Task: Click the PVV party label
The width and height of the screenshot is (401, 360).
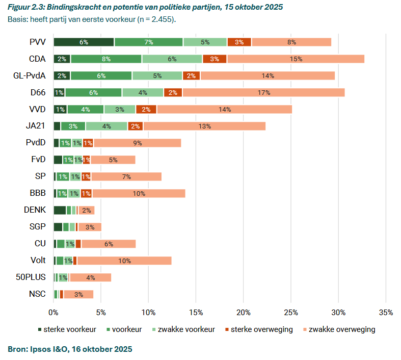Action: click(x=37, y=42)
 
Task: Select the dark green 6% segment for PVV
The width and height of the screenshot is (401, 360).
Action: click(x=84, y=42)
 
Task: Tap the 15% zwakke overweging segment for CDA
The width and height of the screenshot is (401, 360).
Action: click(x=296, y=59)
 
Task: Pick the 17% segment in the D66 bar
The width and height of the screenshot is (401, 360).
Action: click(x=264, y=92)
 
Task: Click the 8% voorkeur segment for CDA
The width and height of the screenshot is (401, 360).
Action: click(x=106, y=59)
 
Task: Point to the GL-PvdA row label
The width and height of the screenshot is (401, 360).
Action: click(x=29, y=75)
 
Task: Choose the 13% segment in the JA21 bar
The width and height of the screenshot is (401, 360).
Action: click(x=204, y=126)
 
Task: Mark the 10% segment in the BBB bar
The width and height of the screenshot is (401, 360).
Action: click(x=139, y=193)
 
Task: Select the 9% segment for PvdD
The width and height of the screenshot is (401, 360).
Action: click(x=137, y=143)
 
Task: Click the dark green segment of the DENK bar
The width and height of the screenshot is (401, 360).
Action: click(x=60, y=210)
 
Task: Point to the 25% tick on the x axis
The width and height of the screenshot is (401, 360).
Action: click(x=291, y=312)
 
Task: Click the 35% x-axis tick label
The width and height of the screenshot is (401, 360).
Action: click(x=386, y=312)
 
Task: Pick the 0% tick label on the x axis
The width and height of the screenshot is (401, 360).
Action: click(x=54, y=312)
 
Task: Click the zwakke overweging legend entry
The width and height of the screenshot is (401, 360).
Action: click(x=337, y=329)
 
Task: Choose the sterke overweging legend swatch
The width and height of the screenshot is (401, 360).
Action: click(x=227, y=329)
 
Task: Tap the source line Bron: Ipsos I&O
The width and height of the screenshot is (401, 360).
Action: click(x=70, y=349)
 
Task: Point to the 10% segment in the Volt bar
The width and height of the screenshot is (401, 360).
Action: click(x=124, y=261)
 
